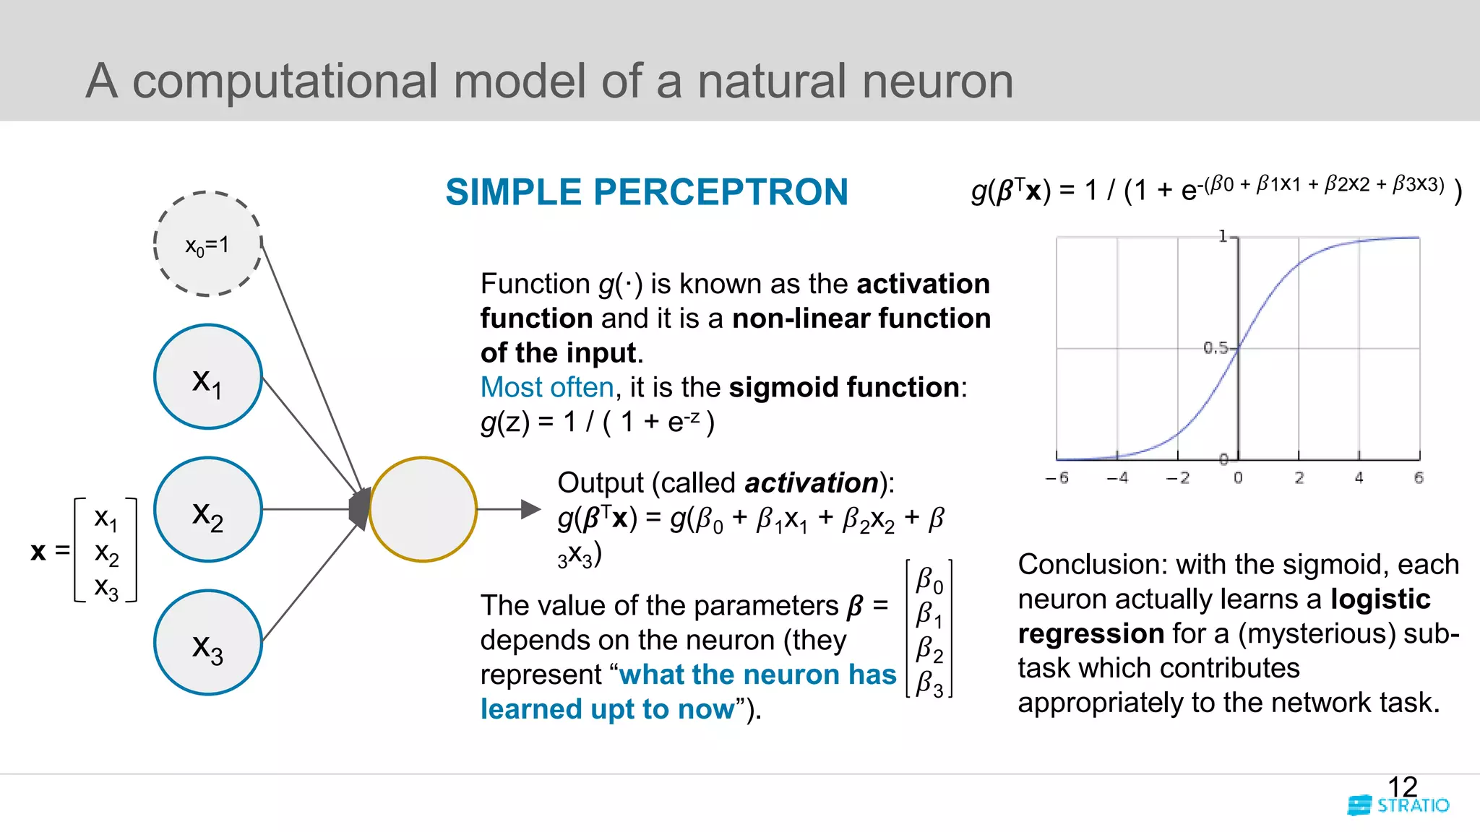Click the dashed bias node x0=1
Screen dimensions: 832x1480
point(207,244)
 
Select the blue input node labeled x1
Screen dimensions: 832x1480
point(207,377)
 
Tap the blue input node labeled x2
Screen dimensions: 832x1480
point(207,510)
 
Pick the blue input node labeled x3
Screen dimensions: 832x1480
point(207,643)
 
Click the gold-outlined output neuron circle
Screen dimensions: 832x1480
point(423,509)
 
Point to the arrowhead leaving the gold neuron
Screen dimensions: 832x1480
point(530,509)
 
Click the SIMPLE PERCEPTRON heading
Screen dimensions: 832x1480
point(646,192)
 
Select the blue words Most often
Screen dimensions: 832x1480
point(547,387)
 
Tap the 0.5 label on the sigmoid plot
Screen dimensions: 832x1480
point(1216,348)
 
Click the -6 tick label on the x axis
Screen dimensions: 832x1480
point(1057,478)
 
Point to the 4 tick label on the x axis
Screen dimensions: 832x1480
point(1359,478)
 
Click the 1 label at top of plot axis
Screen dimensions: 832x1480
point(1223,236)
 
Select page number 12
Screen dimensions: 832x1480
point(1402,786)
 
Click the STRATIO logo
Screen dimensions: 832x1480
point(1399,805)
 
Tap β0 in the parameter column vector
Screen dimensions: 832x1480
point(929,580)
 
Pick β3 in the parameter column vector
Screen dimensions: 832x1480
point(929,683)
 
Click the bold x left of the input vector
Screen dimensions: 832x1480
point(38,551)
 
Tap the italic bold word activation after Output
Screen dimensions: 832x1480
point(811,482)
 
